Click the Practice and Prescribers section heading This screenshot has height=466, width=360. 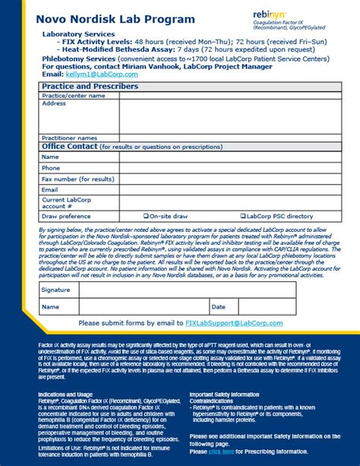pos(90,87)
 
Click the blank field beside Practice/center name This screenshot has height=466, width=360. pos(228,97)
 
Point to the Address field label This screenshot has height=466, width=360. pos(54,104)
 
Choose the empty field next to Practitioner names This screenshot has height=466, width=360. pos(228,138)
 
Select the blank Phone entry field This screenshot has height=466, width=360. pos(228,168)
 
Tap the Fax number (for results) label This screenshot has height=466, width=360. pos(78,179)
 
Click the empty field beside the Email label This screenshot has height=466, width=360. pos(228,189)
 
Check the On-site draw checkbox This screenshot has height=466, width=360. pos(147,216)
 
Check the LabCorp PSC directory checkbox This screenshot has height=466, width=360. pos(243,216)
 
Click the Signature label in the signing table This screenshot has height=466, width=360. pos(55,290)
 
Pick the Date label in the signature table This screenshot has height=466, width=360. pos(219,307)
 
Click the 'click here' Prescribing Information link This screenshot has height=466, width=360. pos(223,451)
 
